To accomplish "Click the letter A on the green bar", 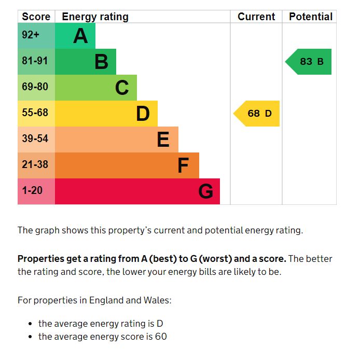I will coord(80,36).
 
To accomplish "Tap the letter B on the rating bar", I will coord(101,62).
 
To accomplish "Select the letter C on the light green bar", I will coord(122,88).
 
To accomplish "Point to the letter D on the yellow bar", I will coord(143,114).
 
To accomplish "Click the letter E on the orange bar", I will coord(163,140).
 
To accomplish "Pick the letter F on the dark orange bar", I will coord(183,165).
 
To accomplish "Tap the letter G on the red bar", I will coord(205,191).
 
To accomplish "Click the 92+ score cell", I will coord(31,35).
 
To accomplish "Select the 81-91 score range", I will coord(35,61).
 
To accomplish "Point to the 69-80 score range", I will coord(35,87).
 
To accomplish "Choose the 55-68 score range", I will coord(35,113).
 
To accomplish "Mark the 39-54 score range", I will coord(35,138).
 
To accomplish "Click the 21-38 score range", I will coord(35,164).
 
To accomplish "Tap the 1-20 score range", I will coord(32,190).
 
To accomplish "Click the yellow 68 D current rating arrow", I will coord(258,114).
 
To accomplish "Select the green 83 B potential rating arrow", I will coord(310,62).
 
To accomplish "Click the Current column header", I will coord(256,17).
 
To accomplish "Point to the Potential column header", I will coord(311,17).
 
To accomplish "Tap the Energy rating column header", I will coord(95,17).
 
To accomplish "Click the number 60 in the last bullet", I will coord(161,337).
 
